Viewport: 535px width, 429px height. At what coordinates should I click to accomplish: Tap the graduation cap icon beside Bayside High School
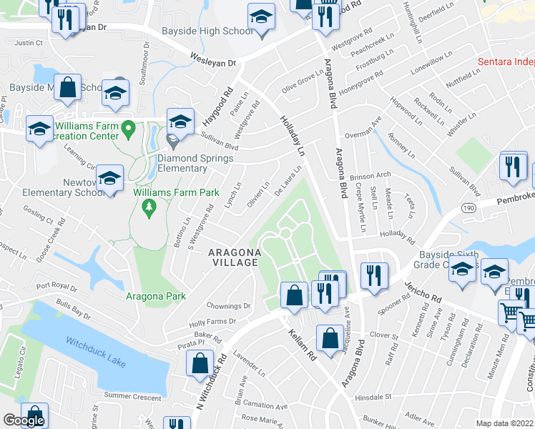click(x=261, y=18)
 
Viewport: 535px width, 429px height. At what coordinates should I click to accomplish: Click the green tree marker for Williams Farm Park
click(x=149, y=208)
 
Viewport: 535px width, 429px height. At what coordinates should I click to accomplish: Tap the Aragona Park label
click(x=155, y=297)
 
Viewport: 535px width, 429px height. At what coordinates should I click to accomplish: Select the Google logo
click(x=24, y=420)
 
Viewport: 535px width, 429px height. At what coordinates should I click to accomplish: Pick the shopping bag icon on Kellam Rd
click(x=330, y=338)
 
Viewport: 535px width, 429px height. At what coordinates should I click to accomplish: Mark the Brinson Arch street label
click(x=370, y=175)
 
